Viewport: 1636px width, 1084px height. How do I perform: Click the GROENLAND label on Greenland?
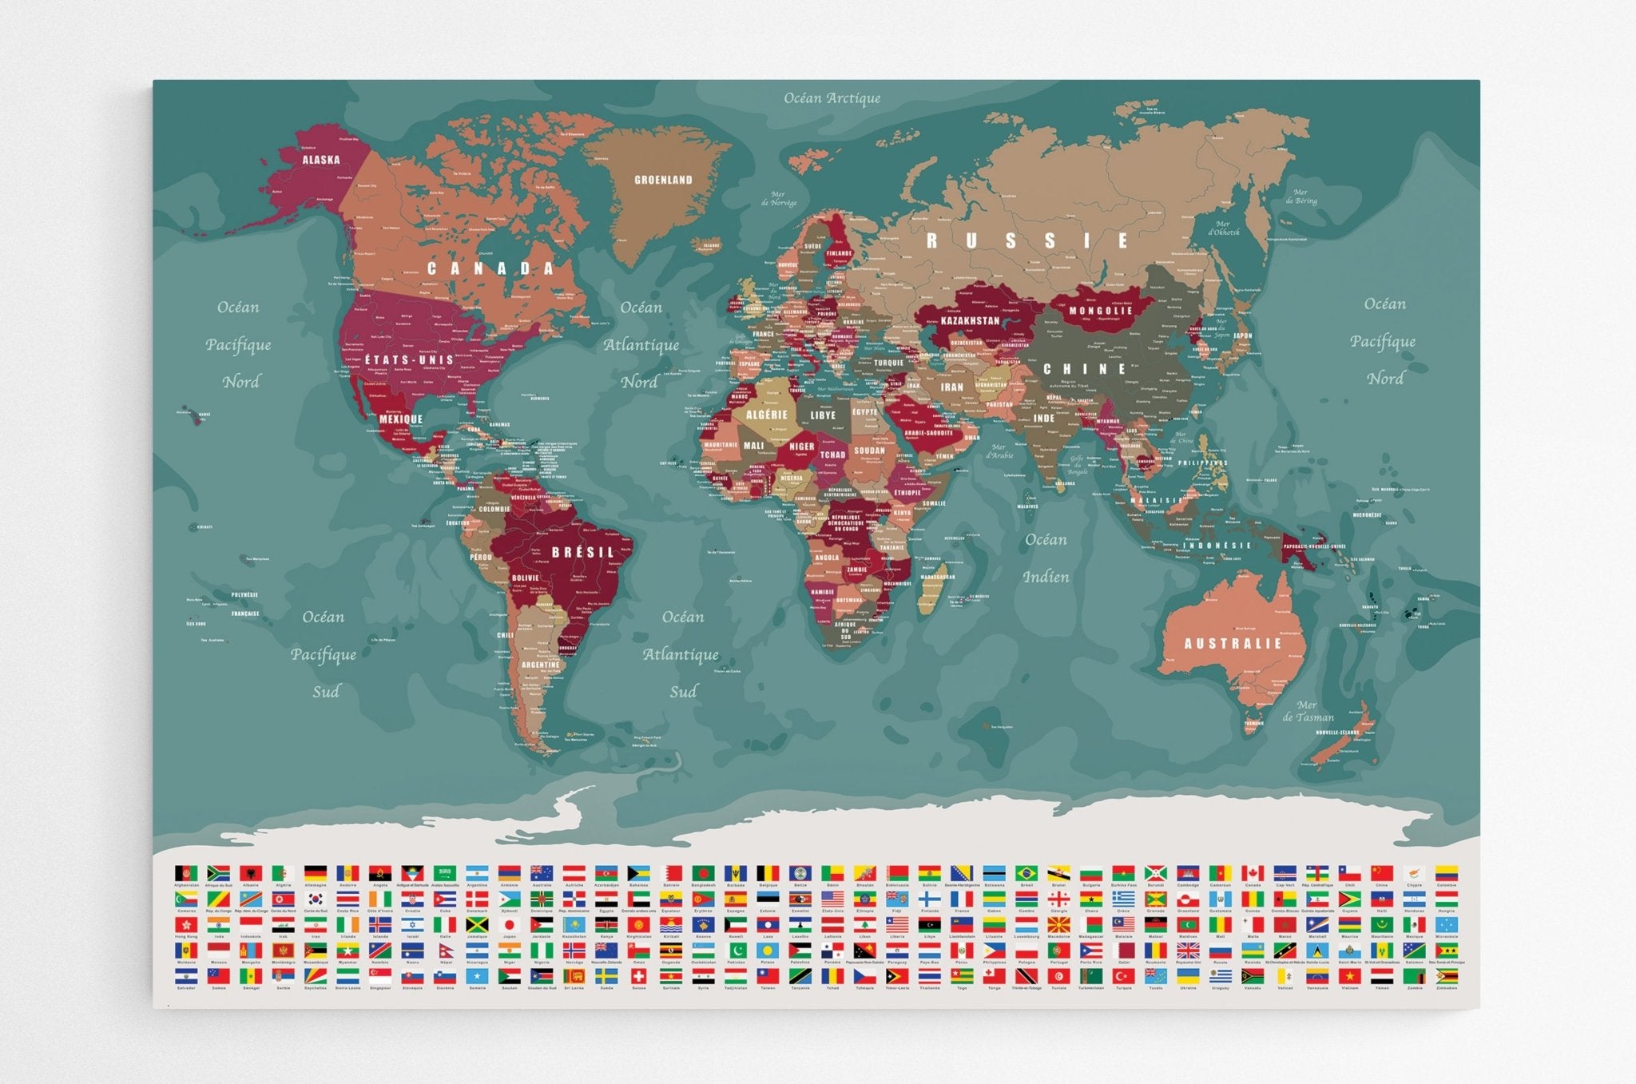pyautogui.click(x=663, y=180)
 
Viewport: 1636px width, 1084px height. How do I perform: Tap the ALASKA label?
pyautogui.click(x=321, y=160)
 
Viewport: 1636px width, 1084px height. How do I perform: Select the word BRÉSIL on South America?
pyautogui.click(x=583, y=552)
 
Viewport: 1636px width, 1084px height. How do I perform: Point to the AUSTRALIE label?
pyautogui.click(x=1233, y=643)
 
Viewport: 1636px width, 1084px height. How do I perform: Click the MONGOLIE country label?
pyautogui.click(x=1101, y=311)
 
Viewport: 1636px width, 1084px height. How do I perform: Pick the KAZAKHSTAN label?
pyautogui.click(x=970, y=321)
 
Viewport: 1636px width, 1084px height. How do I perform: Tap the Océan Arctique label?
pyautogui.click(x=832, y=98)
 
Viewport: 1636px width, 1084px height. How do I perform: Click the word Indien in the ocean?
pyautogui.click(x=1046, y=577)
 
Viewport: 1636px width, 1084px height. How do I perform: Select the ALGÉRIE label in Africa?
pyautogui.click(x=767, y=415)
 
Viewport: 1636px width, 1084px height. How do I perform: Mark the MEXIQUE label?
pyautogui.click(x=400, y=419)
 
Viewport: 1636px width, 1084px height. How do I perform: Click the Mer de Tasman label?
pyautogui.click(x=1308, y=711)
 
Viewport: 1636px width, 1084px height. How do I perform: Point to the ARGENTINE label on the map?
pyautogui.click(x=541, y=665)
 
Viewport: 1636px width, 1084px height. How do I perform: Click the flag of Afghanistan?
pyautogui.click(x=186, y=873)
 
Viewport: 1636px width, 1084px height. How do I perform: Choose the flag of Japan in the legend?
pyautogui.click(x=509, y=925)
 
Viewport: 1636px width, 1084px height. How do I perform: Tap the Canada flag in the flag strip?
pyautogui.click(x=1253, y=873)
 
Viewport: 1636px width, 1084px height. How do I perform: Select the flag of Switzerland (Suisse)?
pyautogui.click(x=638, y=976)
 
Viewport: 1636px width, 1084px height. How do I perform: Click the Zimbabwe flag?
pyautogui.click(x=1446, y=976)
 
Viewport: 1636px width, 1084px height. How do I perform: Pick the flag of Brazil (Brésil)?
pyautogui.click(x=1026, y=873)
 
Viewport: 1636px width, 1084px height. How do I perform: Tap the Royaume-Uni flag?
pyautogui.click(x=1188, y=951)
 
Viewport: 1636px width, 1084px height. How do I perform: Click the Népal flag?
pyautogui.click(x=445, y=951)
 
